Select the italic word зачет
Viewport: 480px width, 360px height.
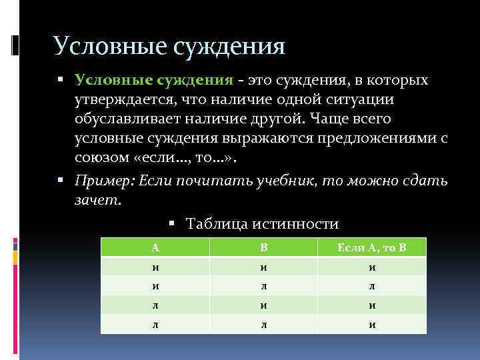coord(97,199)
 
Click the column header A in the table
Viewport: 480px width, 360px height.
coord(155,247)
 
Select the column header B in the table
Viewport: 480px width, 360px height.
coord(263,247)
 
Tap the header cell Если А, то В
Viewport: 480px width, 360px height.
coord(371,247)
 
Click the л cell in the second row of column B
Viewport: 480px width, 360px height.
coord(263,286)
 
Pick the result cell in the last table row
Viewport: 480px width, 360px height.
coord(371,325)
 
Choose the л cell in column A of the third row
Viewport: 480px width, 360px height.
coord(155,305)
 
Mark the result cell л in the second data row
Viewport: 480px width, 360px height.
coord(371,286)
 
